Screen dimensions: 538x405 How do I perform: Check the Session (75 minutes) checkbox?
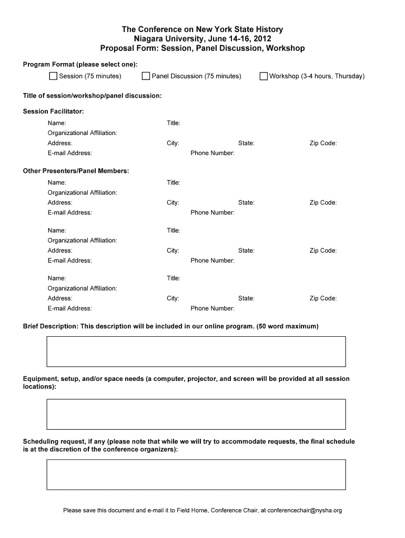tap(53, 76)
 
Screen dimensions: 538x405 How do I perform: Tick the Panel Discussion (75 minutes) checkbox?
tap(146, 76)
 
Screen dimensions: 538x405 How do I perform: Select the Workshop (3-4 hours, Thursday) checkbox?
tap(264, 76)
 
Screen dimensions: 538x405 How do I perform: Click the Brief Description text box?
tap(196, 351)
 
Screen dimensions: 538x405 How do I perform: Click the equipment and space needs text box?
tap(196, 415)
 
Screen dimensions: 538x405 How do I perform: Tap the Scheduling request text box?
tap(196, 474)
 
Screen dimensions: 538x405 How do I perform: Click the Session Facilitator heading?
tap(53, 111)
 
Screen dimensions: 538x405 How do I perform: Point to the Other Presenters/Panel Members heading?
tap(76, 171)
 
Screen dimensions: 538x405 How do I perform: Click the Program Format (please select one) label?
tap(80, 64)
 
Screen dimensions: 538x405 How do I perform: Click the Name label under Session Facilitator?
tap(57, 123)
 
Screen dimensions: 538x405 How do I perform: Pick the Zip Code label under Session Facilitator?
tap(323, 143)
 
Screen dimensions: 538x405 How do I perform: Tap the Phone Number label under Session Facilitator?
tap(212, 153)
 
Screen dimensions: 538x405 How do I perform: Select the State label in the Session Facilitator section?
tap(246, 143)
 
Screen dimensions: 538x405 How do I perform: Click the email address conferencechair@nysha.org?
tap(305, 510)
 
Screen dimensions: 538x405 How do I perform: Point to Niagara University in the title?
tap(164, 39)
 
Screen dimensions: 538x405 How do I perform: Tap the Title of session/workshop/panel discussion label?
tap(92, 96)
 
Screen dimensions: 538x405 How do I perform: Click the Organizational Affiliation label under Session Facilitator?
tap(83, 133)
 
